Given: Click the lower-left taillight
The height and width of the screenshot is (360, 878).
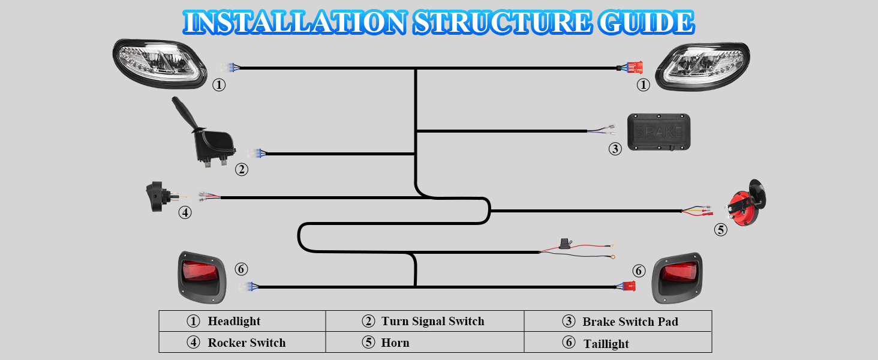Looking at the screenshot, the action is click(201, 276).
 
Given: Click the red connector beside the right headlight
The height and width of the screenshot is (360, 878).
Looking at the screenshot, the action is click(633, 68).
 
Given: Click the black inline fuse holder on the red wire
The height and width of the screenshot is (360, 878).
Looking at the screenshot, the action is click(563, 244).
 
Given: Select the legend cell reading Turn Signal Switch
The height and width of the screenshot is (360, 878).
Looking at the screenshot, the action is click(425, 321).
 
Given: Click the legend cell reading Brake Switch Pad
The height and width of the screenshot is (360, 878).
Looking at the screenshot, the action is click(618, 322).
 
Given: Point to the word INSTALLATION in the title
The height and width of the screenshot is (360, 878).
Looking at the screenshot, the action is click(294, 22).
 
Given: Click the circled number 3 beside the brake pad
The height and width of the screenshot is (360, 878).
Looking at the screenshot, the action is click(615, 149).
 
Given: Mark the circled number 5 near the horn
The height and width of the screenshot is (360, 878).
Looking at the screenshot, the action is click(720, 229).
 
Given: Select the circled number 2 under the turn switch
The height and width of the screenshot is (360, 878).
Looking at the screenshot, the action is click(241, 170).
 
